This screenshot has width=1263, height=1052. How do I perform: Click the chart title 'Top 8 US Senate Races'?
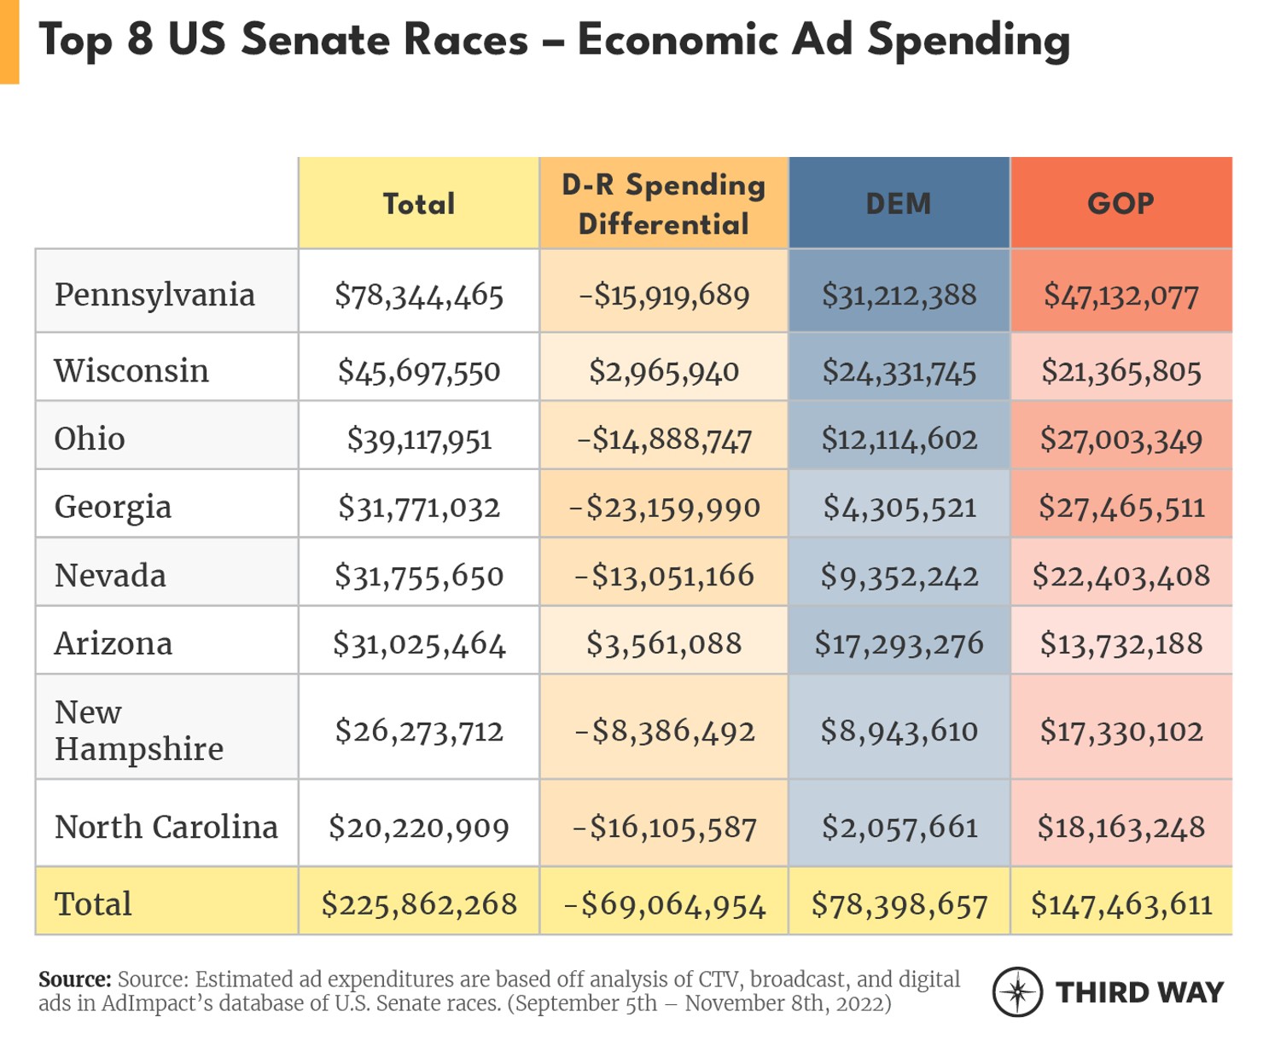click(x=554, y=40)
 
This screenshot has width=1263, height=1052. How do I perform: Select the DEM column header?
click(x=899, y=203)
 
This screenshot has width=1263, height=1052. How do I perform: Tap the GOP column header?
click(x=1120, y=203)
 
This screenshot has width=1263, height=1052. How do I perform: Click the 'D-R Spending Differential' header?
click(x=663, y=204)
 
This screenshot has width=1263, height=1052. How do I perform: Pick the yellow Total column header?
click(x=418, y=204)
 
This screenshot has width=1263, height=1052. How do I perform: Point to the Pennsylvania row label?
click(x=154, y=294)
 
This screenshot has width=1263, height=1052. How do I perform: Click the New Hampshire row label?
click(x=138, y=730)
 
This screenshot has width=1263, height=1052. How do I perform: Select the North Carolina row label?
click(x=166, y=827)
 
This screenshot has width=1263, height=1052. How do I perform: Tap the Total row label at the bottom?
click(x=93, y=904)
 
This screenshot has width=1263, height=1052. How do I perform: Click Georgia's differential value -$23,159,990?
click(x=664, y=508)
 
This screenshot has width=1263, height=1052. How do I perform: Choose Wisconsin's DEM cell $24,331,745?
click(x=899, y=371)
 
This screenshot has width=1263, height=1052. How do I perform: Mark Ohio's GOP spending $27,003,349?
click(x=1120, y=439)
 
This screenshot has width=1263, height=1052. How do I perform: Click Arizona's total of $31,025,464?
click(x=419, y=643)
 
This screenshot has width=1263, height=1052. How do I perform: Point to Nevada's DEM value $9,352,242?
click(x=899, y=576)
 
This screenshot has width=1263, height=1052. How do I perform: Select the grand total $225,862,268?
click(x=419, y=904)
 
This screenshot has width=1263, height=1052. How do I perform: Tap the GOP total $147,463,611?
click(x=1120, y=904)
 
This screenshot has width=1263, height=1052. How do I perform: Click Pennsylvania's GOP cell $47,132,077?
click(x=1120, y=295)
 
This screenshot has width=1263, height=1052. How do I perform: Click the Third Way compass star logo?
click(x=1017, y=991)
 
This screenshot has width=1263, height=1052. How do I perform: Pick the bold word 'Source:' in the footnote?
click(x=74, y=979)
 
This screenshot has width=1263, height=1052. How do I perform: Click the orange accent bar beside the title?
click(x=9, y=41)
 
